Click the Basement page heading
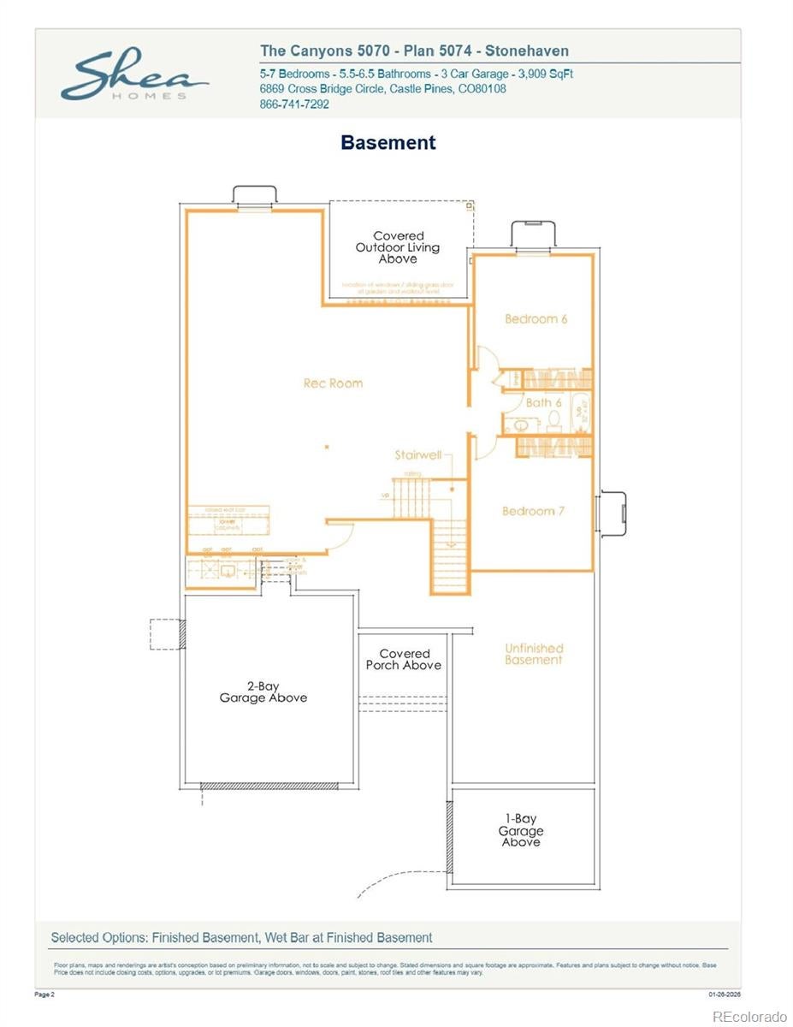point(388,143)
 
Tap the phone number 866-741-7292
point(294,104)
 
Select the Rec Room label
point(333,383)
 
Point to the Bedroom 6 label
point(536,319)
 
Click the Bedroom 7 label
point(533,511)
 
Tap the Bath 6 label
point(543,402)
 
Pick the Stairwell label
point(417,455)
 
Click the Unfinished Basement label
point(533,654)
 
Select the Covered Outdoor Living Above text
point(398,247)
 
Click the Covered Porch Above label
point(404,659)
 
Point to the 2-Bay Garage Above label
point(263,692)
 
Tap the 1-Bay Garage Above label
point(520,830)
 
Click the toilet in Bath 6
point(553,420)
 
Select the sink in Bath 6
point(521,425)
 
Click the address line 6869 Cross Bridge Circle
point(382,89)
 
